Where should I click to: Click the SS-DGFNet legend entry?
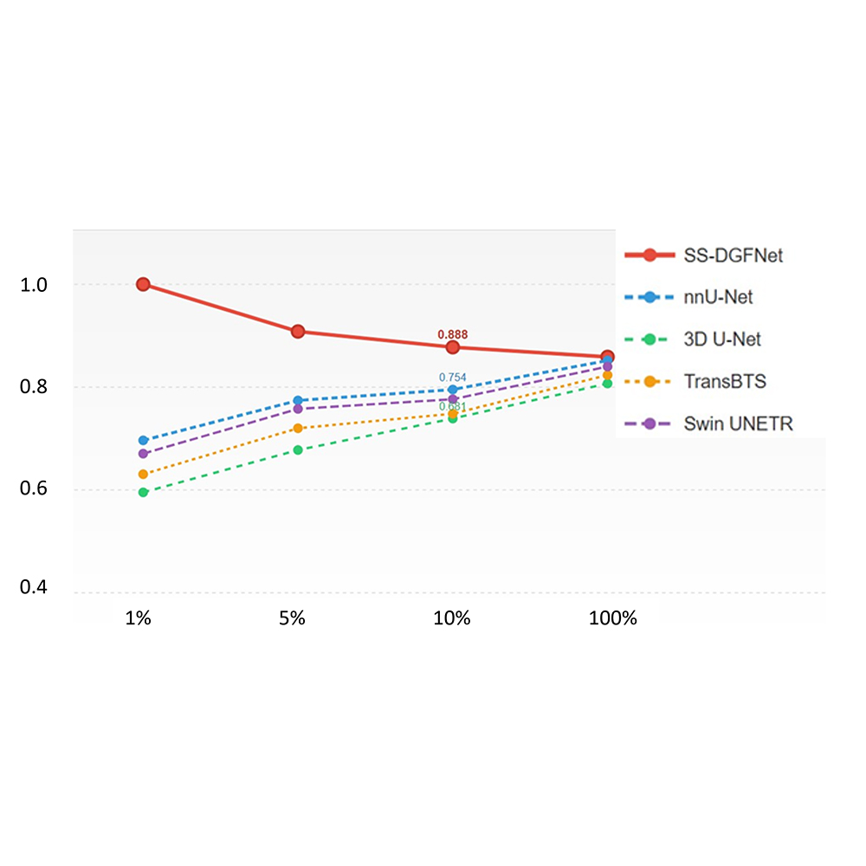click(704, 255)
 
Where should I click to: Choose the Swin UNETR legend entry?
click(704, 423)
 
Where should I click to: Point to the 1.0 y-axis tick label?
click(37, 285)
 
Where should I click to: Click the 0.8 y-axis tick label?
click(37, 387)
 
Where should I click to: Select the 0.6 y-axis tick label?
click(37, 490)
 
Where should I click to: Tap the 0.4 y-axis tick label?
click(37, 589)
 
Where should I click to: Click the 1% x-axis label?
click(139, 619)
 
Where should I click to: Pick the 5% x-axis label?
click(293, 619)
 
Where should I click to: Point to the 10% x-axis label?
click(452, 619)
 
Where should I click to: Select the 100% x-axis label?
click(612, 619)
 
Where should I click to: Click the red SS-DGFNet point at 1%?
click(143, 284)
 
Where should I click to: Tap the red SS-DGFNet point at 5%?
click(298, 332)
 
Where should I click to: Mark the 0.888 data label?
click(452, 334)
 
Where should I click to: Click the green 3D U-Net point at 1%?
click(143, 492)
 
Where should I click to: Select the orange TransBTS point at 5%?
click(298, 429)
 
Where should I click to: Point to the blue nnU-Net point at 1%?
click(143, 441)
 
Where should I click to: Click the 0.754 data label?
click(452, 377)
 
